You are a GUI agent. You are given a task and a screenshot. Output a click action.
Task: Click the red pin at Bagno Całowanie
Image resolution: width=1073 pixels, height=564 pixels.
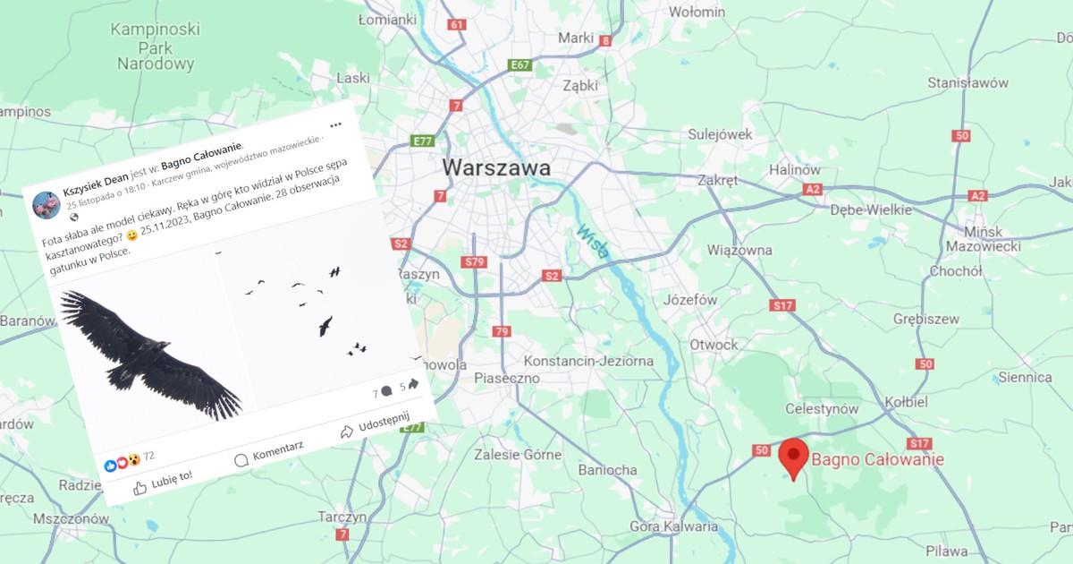coord(792,455)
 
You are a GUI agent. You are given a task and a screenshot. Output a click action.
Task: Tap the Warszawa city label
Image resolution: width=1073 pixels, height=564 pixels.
coord(496,167)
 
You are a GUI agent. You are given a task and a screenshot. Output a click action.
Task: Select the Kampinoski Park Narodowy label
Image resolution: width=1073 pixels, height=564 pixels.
coord(155,47)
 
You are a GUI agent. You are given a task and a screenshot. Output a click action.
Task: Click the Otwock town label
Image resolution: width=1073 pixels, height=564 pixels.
coord(714,345)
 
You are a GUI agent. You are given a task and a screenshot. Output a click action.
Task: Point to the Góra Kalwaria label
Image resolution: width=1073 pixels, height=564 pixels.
coord(673,526)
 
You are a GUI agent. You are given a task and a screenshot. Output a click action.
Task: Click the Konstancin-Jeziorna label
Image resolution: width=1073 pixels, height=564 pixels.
coord(587,361)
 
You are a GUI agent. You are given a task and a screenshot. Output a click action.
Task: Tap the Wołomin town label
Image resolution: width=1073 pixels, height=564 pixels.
coord(697,12)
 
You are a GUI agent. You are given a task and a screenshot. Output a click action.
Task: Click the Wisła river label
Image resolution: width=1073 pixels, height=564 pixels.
coord(592,240)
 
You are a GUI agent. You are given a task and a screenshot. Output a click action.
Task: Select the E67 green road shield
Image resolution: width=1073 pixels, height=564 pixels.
coord(520,65)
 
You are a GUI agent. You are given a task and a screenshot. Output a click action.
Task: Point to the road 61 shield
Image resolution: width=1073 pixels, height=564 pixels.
coord(458,24)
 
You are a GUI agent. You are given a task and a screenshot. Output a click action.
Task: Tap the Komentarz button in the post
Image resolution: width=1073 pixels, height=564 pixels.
coord(269,452)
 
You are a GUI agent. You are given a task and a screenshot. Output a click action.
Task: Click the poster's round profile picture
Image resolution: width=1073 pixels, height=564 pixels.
coord(46,205)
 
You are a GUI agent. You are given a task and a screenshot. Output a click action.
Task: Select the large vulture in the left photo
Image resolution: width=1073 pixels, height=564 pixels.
coord(148,354)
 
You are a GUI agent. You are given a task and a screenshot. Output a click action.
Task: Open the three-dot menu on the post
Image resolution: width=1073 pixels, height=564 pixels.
coord(335,124)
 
